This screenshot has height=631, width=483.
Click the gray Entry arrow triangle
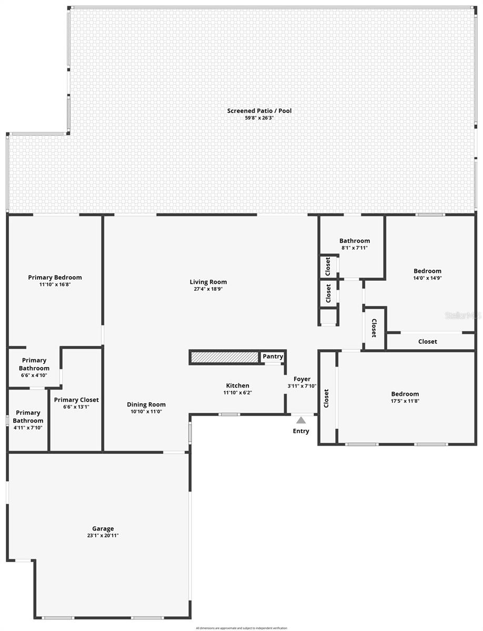(301, 420)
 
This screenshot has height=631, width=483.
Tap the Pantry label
(273, 357)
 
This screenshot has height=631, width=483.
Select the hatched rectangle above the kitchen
(224, 358)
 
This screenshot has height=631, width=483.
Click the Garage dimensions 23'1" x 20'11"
(103, 535)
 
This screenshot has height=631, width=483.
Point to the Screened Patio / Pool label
(259, 111)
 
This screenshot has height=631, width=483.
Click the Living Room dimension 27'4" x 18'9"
(208, 289)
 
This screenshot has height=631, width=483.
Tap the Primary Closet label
(76, 400)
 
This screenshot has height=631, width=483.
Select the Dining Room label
(146, 404)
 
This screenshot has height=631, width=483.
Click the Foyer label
(302, 379)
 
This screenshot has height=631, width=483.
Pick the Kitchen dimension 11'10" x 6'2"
(238, 392)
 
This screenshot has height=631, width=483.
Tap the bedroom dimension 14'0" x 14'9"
(427, 278)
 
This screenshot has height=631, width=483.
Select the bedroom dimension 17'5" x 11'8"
(405, 401)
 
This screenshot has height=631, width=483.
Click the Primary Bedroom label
(55, 278)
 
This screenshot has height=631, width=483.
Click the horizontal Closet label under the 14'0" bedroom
(427, 342)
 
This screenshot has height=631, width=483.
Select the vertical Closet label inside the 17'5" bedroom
(326, 399)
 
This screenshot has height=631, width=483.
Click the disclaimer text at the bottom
(241, 628)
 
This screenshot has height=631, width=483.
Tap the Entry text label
(301, 431)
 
